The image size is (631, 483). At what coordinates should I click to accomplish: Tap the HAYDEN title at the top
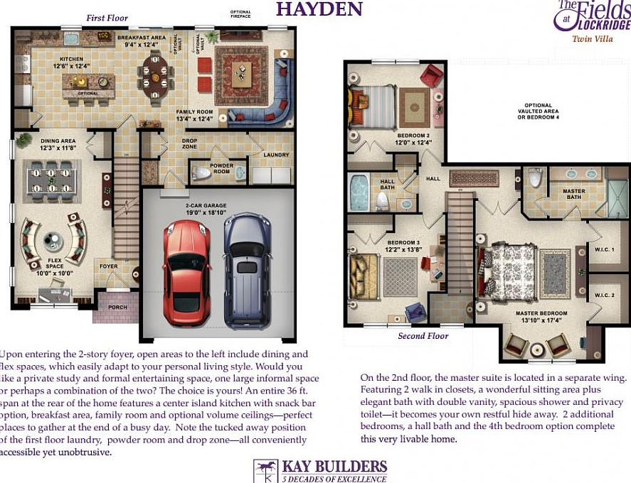pyautogui.click(x=319, y=9)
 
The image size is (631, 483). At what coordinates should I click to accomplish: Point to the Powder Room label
pyautogui.click(x=221, y=168)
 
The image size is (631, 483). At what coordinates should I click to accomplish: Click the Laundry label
pyautogui.click(x=275, y=154)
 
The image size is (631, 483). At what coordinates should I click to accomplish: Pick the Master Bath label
pyautogui.click(x=573, y=194)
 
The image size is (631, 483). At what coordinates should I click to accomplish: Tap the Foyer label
pyautogui.click(x=108, y=266)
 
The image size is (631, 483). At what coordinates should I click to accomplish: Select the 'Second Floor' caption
pyautogui.click(x=423, y=336)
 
